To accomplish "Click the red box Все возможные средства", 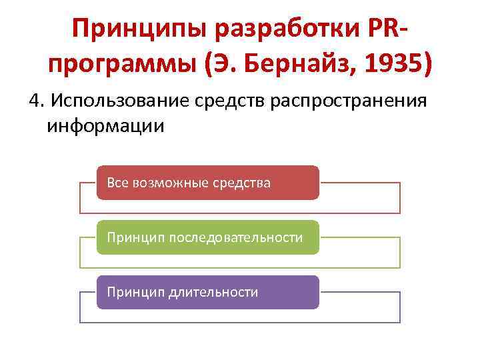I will pyautogui.click(x=208, y=183).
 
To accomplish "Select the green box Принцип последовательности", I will pyautogui.click(x=208, y=237).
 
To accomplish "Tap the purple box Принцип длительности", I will pyautogui.click(x=208, y=292).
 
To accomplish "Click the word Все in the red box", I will pyautogui.click(x=118, y=183).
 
